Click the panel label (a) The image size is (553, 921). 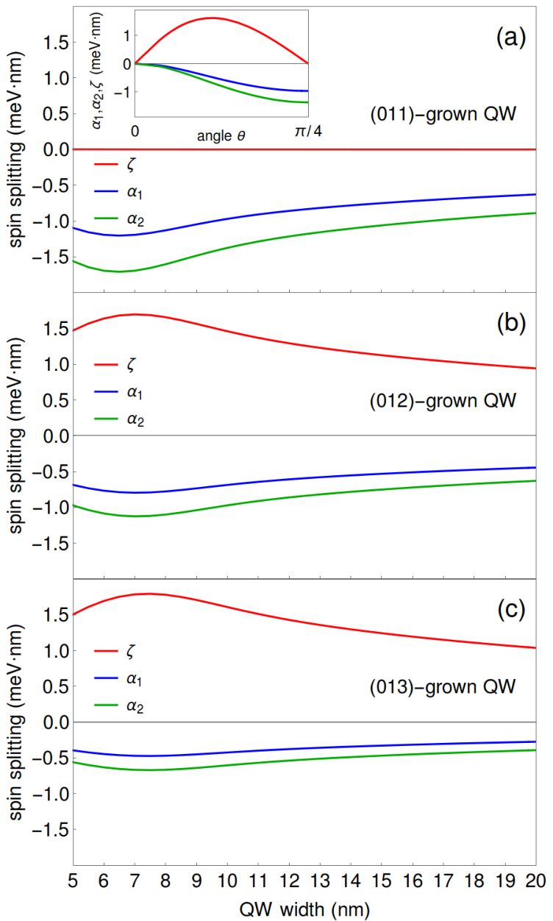point(511,38)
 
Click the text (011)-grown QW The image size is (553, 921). point(443,114)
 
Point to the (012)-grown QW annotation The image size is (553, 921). point(443,401)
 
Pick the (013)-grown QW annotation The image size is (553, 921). point(443,686)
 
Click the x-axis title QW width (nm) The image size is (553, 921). point(304,909)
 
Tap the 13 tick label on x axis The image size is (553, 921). point(320,881)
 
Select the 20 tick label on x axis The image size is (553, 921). point(535,881)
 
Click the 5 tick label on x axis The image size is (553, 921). point(74,881)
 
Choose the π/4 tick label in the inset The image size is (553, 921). point(308,131)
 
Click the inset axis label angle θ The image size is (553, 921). point(221,135)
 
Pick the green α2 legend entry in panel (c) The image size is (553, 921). point(118,706)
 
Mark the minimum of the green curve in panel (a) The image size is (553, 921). point(120,271)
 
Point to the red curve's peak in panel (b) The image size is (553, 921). point(135,314)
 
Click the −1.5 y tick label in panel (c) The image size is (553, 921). point(50,830)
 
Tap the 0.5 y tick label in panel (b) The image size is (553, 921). point(56,400)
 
